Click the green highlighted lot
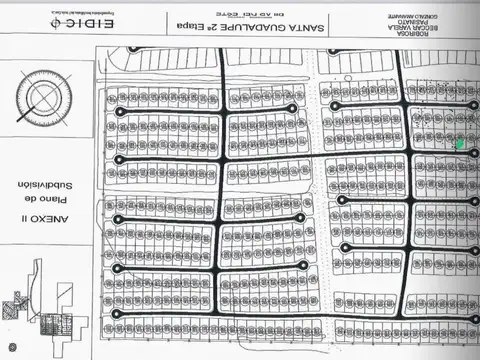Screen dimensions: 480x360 tap(459, 143)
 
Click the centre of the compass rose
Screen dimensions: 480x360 tap(41, 98)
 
